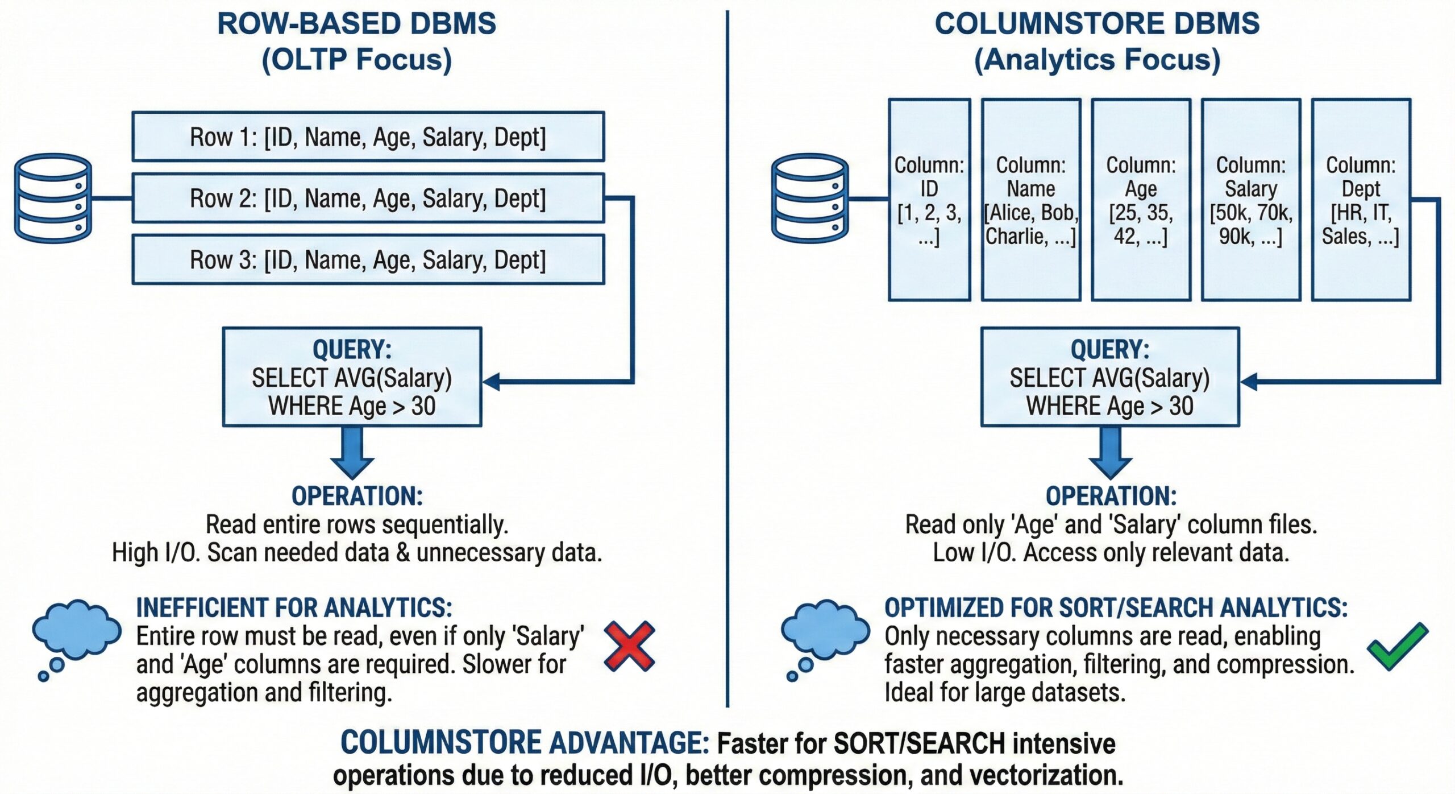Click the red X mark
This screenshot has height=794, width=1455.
click(629, 646)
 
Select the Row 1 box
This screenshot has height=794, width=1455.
click(368, 137)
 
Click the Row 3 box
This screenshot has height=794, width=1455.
click(368, 259)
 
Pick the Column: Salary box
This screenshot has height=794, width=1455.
click(1250, 199)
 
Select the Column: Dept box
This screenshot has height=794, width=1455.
click(1361, 199)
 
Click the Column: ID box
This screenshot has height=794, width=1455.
click(929, 199)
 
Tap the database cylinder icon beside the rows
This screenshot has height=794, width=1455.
click(53, 198)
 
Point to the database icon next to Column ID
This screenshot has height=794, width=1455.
click(809, 198)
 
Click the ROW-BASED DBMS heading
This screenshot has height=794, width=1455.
click(356, 24)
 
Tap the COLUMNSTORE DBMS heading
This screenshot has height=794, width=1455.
click(1097, 24)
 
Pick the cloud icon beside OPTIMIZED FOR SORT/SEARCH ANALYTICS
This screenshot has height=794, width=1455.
click(825, 628)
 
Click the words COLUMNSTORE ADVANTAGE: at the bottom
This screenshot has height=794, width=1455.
click(524, 743)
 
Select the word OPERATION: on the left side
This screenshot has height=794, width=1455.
click(357, 496)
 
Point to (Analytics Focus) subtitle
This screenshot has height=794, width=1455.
click(1097, 60)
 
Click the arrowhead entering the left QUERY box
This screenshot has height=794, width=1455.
click(492, 381)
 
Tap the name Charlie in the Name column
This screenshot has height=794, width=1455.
click(1015, 236)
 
